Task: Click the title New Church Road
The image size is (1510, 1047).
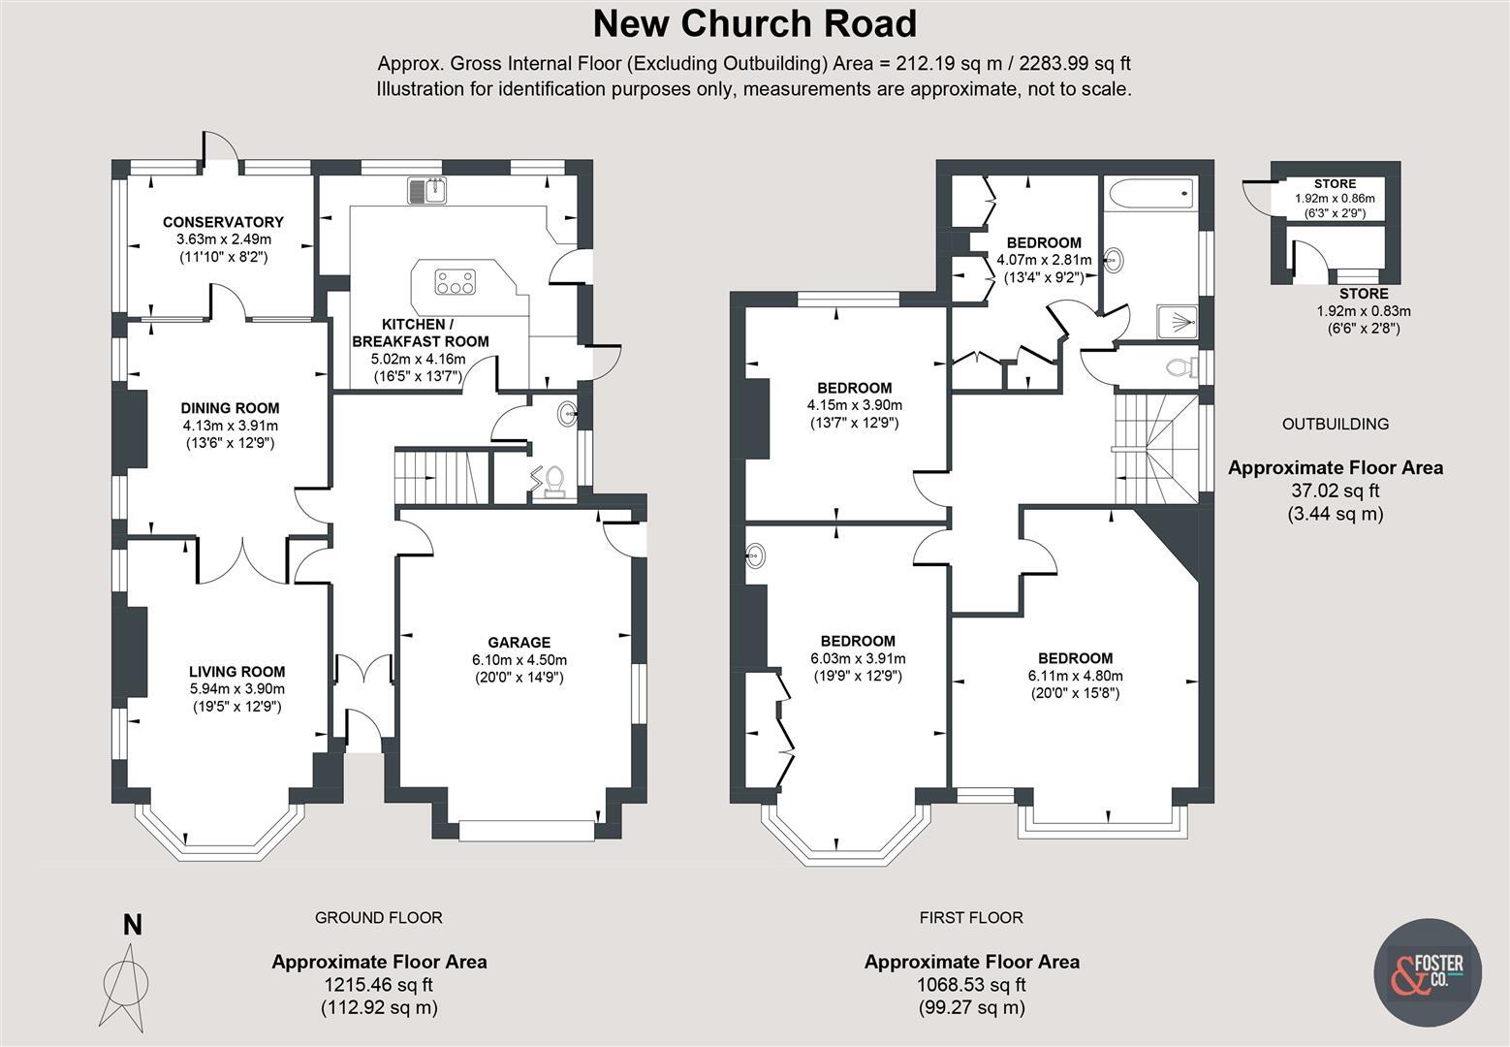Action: tap(754, 23)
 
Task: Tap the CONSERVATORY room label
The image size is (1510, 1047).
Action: tap(223, 222)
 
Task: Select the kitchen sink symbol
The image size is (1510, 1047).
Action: tap(426, 191)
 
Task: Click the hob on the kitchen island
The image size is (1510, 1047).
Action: tap(456, 282)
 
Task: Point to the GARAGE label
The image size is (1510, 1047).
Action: tap(519, 642)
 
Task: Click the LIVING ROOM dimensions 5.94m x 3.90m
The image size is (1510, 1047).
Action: tap(236, 689)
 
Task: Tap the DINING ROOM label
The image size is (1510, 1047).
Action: tap(230, 408)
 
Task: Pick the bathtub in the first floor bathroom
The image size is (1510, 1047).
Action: tap(1150, 196)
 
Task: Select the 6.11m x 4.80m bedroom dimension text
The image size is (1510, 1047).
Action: tap(1076, 676)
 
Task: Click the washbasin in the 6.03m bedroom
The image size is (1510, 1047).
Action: tap(756, 556)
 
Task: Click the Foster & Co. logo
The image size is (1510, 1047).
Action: tap(1429, 970)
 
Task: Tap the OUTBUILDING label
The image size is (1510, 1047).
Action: tap(1335, 424)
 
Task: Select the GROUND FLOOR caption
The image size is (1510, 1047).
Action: tap(378, 917)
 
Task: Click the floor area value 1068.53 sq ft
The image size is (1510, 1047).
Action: tap(971, 985)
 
